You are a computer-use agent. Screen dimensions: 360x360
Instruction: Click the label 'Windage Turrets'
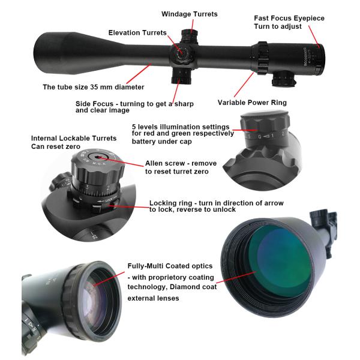tap(190, 14)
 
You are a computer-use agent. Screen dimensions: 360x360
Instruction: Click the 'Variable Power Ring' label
tap(252, 103)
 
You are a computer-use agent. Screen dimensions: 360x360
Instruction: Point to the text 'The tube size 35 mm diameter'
tap(94, 86)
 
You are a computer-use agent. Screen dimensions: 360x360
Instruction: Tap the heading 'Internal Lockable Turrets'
tap(74, 138)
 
